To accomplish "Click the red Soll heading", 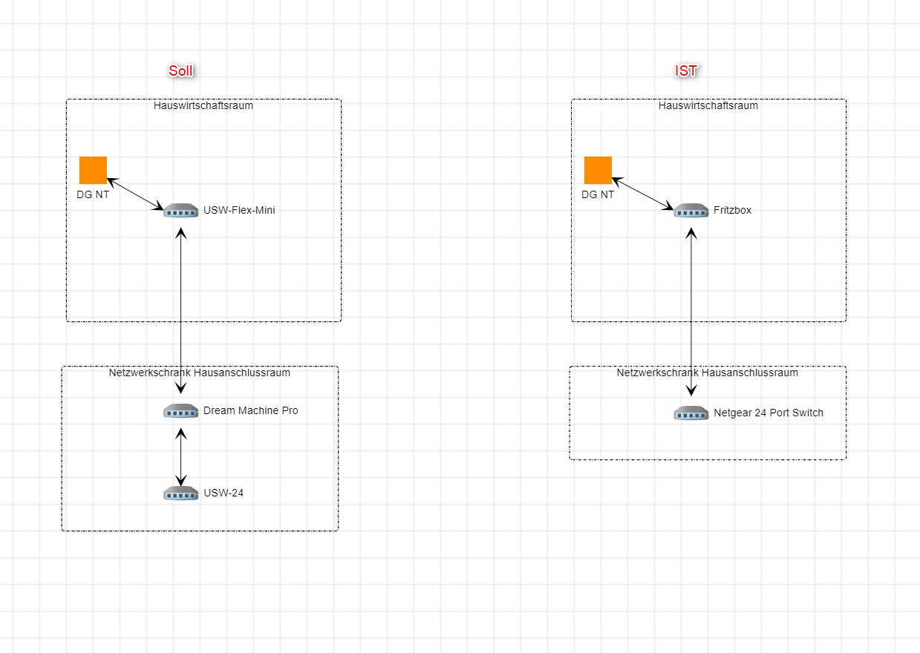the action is (x=180, y=71).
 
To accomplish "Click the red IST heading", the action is (x=686, y=71).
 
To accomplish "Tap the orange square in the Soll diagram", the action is (x=93, y=170).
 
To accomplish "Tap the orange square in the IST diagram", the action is (x=598, y=170).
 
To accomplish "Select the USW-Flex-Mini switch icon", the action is (x=181, y=210).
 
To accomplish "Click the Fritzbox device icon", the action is (x=691, y=210).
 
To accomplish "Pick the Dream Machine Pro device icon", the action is (x=181, y=411).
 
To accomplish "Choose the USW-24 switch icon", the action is (x=181, y=493).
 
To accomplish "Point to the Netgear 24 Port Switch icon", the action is (x=691, y=413).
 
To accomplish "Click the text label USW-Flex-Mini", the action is (x=239, y=210).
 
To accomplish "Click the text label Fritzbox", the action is (x=732, y=210).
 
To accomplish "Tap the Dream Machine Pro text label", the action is (x=250, y=410).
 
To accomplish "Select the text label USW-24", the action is (x=224, y=493).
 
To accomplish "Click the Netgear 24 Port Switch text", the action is (x=769, y=413).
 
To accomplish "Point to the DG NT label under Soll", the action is (x=93, y=194).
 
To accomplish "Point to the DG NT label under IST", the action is (x=598, y=194).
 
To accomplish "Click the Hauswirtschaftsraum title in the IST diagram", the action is (x=708, y=105).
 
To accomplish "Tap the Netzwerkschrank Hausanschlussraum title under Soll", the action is (x=200, y=373).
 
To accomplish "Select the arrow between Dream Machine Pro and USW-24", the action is (x=181, y=457).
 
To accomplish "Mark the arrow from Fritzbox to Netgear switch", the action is (x=691, y=312).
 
